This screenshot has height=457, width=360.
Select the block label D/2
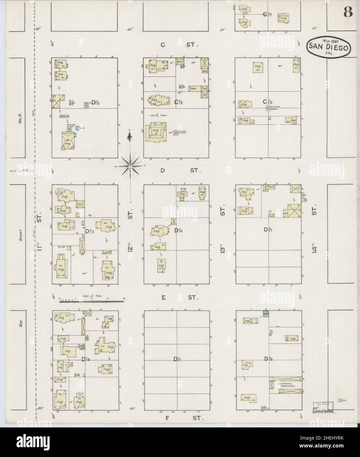[96, 103]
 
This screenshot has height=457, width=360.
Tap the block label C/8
[266, 102]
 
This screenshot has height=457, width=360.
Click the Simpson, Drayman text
[286, 385]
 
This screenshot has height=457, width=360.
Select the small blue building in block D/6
[266, 314]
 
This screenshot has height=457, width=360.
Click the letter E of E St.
[163, 298]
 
